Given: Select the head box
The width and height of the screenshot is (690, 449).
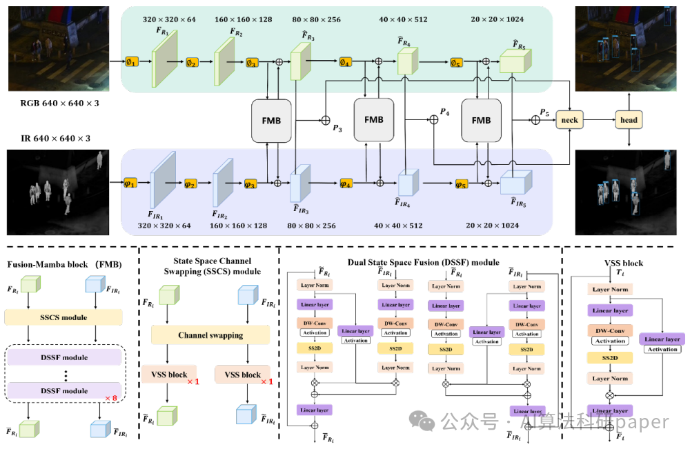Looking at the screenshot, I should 629,120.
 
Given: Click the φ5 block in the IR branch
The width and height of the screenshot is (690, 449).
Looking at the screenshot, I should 462,184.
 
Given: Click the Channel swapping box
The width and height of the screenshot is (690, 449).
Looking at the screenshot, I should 210,335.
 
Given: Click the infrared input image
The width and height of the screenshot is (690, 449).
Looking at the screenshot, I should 55,192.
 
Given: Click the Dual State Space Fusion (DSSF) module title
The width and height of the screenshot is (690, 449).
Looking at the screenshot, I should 423,262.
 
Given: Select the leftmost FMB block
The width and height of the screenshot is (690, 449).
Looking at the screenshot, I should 272,120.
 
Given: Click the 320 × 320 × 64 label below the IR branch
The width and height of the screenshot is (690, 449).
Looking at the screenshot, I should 165,226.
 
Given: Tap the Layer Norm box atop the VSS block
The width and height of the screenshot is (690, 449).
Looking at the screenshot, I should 610,290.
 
